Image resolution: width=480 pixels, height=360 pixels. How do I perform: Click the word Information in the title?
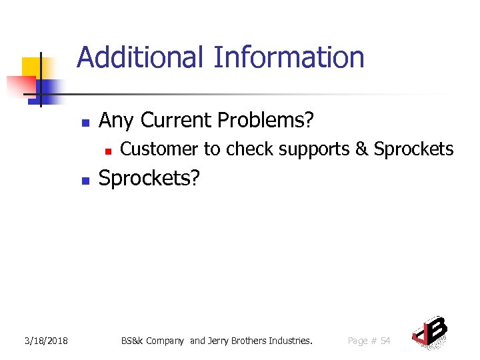coord(289,57)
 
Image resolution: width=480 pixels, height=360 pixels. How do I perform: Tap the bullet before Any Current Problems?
coord(85,123)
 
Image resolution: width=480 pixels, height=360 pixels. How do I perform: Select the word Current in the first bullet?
coord(175,120)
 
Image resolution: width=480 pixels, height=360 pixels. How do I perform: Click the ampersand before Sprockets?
coord(361,149)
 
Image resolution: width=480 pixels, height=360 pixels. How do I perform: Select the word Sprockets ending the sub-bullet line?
coord(413,149)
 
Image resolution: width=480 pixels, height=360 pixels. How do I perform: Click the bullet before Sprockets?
coord(85,180)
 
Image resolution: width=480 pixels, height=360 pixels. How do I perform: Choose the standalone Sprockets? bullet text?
coord(149,178)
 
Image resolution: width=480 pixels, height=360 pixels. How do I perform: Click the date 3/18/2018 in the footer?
coord(47,341)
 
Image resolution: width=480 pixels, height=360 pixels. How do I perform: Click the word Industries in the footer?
coord(290,341)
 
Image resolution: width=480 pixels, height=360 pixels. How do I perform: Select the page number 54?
coord(385,341)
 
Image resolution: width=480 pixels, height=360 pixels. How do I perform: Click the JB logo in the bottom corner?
coord(430,331)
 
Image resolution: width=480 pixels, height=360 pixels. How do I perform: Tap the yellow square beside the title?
coord(32,67)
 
